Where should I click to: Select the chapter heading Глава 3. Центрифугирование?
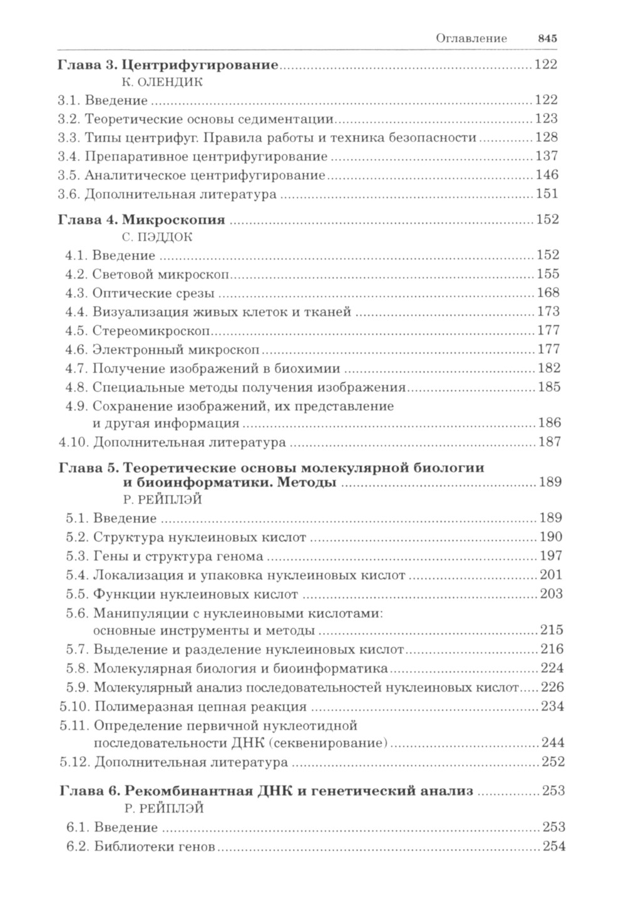(x=167, y=64)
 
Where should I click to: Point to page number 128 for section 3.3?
(x=545, y=138)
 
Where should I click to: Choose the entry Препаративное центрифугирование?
(x=206, y=157)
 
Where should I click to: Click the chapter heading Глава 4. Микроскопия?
(x=141, y=220)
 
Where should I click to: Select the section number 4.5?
(x=78, y=331)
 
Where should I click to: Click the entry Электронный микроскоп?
(x=177, y=349)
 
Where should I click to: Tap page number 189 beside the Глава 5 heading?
(x=549, y=483)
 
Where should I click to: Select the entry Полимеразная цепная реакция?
(x=200, y=708)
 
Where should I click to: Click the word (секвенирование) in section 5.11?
(x=335, y=743)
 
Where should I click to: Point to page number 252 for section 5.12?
(x=553, y=763)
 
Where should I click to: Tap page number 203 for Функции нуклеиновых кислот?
(x=551, y=594)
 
